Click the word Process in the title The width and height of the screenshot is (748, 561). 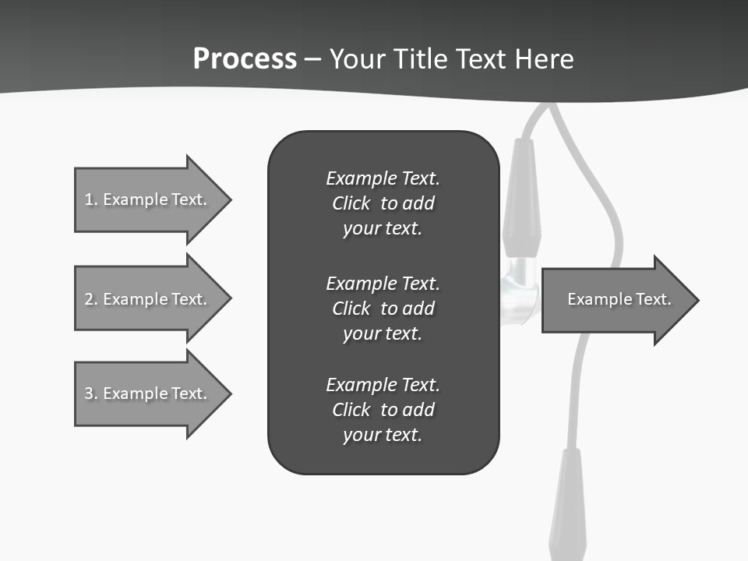tap(245, 59)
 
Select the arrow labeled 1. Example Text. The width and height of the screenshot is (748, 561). tap(148, 199)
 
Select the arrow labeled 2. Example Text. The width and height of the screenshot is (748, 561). tap(148, 299)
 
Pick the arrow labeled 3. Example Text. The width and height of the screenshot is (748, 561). tap(148, 393)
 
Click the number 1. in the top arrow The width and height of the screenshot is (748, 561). tap(91, 199)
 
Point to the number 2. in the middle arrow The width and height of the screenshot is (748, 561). tap(91, 299)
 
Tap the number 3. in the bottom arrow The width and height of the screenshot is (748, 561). tap(91, 393)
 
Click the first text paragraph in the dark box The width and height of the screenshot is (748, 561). tap(383, 203)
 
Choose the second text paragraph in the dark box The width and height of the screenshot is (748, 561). tap(383, 308)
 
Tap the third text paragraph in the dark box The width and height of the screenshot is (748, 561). tap(383, 410)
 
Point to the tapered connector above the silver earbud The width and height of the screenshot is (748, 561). tap(520, 199)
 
